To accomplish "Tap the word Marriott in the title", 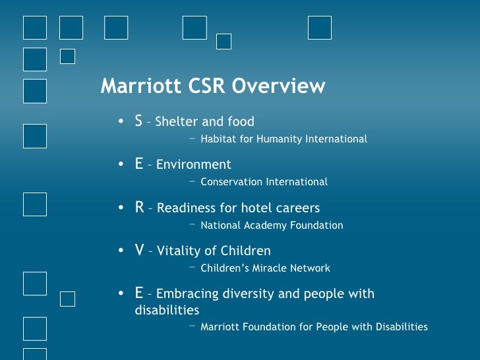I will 137,86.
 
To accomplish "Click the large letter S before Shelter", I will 138,121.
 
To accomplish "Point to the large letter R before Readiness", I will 139,207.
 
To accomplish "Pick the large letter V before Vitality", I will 139,251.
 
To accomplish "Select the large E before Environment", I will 138,164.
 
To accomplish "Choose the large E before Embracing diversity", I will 138,293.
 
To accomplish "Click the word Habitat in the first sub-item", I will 217,139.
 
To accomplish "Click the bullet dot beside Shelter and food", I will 121,122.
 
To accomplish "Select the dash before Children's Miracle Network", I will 192,268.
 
